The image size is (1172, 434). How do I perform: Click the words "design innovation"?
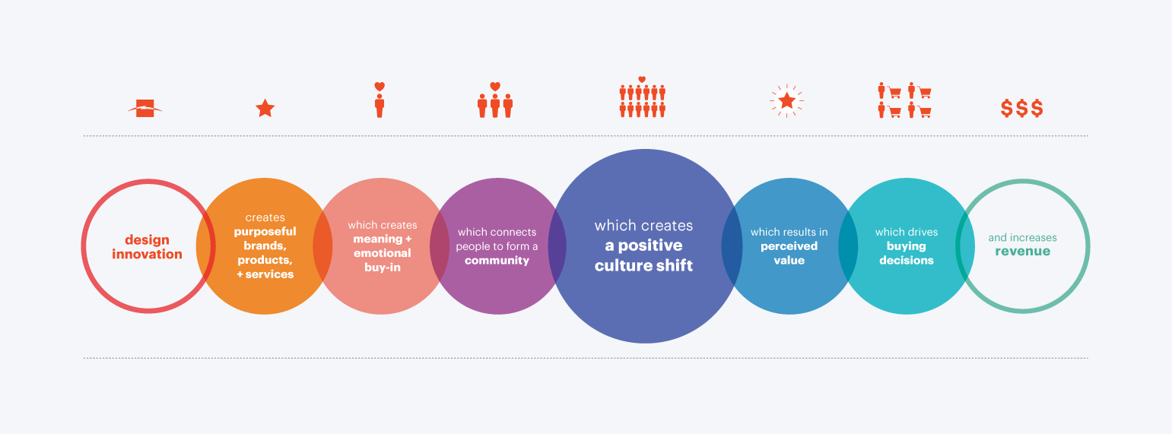pos(147,247)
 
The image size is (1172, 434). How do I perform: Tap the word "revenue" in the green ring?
pos(1022,251)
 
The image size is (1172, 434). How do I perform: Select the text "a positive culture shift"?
pos(643,255)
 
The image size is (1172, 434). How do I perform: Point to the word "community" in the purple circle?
pos(497,261)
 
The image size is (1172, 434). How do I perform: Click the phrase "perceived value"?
pos(789,253)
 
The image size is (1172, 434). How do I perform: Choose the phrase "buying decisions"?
pos(907,253)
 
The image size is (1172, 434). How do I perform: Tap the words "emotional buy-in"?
pos(383,261)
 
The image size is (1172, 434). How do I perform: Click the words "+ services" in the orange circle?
pos(265,274)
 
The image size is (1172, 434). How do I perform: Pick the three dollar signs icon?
pos(1022,108)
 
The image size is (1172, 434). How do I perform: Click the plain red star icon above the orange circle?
pos(265,108)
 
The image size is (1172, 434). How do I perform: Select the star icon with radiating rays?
pos(786,100)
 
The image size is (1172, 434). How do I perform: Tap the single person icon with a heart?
pos(380,100)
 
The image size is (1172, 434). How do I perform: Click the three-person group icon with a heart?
pos(495,100)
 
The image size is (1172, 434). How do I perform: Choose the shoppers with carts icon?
pos(904,100)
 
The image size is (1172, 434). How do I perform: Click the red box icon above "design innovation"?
pos(145,108)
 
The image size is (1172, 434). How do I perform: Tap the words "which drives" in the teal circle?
pos(907,232)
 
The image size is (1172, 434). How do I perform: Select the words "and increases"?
pos(1022,237)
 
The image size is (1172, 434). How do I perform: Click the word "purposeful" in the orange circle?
pos(265,232)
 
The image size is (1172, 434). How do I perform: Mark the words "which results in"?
pos(789,232)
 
